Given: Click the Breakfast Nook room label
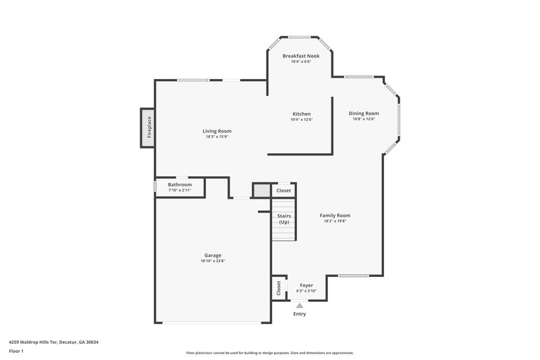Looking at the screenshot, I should [x=301, y=55].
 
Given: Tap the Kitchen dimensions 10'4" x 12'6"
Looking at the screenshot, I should [x=301, y=120].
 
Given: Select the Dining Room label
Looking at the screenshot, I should [x=364, y=113].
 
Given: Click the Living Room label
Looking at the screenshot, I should [x=217, y=131].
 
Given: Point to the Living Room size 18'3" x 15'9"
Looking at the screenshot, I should [x=217, y=137].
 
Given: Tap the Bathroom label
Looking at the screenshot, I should [x=180, y=184].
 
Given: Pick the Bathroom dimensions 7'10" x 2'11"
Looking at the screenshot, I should [x=180, y=190].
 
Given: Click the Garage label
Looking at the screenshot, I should [x=212, y=255].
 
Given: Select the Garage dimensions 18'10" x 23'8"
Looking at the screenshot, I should [x=212, y=261].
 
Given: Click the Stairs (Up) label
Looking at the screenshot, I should [x=283, y=219].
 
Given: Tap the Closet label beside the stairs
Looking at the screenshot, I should [x=284, y=190].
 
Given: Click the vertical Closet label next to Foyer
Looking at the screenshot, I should [x=278, y=288].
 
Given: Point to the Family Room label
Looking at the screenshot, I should [x=335, y=215].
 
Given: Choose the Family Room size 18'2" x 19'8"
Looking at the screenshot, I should [x=335, y=222].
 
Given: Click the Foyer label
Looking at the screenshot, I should [x=306, y=285].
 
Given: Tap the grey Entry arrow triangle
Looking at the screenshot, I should [x=300, y=305].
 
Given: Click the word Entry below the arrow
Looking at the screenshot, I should [x=300, y=314].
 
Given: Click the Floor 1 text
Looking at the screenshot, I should [x=16, y=351].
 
